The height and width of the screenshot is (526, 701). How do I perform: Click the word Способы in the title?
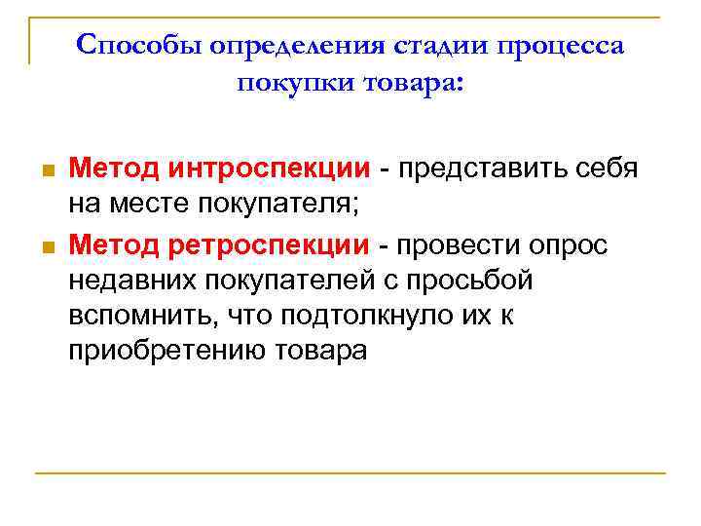coord(134,46)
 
